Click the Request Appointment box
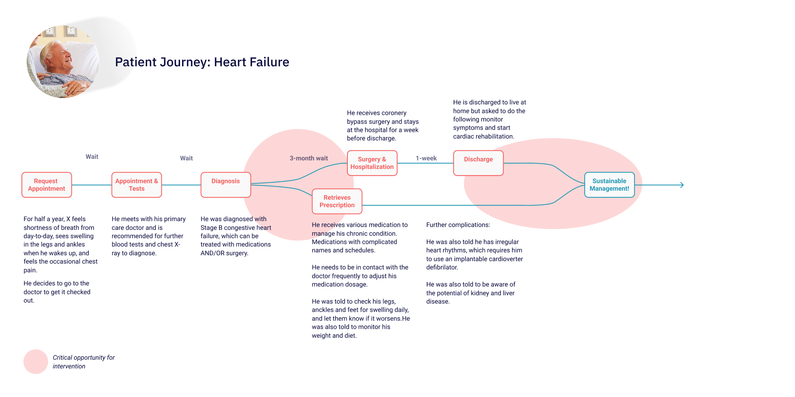click(x=47, y=185)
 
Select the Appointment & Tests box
click(x=136, y=185)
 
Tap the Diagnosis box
click(x=225, y=185)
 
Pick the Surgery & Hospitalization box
click(x=372, y=163)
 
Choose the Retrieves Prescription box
click(x=337, y=201)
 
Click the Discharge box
click(x=478, y=163)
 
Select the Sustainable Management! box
click(x=609, y=185)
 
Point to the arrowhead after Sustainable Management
click(x=682, y=185)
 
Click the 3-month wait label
click(x=308, y=158)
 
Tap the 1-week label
click(x=426, y=158)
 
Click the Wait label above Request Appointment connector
click(x=92, y=157)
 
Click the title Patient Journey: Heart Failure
click(x=202, y=62)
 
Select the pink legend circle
click(x=36, y=362)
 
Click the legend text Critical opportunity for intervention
click(x=83, y=362)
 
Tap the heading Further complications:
click(x=458, y=225)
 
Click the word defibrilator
click(x=442, y=267)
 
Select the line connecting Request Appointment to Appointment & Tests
click(x=91, y=185)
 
